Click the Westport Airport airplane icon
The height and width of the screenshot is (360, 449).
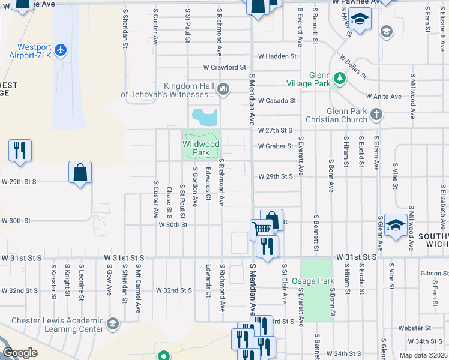click(59, 50)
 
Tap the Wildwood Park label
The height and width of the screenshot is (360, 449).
click(201, 148)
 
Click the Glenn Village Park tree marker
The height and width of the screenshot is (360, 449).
click(340, 79)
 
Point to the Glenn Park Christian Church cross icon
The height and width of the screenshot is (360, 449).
click(376, 114)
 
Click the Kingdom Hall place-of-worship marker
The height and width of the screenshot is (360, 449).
click(223, 90)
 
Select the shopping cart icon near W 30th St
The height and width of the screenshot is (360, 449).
click(261, 229)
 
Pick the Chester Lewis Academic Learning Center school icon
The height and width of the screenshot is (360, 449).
click(112, 325)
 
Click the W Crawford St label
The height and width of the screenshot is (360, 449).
click(224, 67)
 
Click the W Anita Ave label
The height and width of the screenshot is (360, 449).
click(384, 97)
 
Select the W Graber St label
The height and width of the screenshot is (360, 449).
click(276, 146)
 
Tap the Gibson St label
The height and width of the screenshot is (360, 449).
click(431, 274)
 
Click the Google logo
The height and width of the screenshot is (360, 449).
click(20, 353)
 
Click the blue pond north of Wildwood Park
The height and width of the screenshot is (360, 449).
click(204, 116)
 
